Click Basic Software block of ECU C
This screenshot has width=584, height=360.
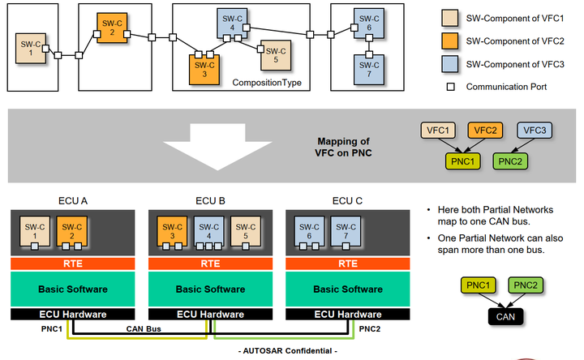(x=347, y=288)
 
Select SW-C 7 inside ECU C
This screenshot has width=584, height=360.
(x=346, y=231)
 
